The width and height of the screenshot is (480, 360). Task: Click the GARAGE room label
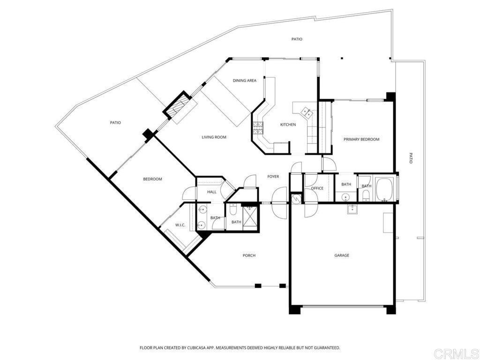tap(342, 255)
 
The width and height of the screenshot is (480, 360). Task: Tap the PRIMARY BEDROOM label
tap(361, 139)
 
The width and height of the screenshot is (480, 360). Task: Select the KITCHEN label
tap(288, 125)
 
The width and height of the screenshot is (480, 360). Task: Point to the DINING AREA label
tap(245, 81)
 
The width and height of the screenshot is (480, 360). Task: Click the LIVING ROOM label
tap(214, 137)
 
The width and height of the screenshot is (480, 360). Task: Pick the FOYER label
tap(273, 177)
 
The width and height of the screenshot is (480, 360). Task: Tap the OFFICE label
tap(317, 188)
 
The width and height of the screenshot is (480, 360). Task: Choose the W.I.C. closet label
tap(180, 225)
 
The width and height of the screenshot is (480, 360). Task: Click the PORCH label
tap(249, 255)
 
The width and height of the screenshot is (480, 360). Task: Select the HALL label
tap(205, 192)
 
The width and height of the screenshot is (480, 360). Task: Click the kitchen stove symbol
tap(258, 127)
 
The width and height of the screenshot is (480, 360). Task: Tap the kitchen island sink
tap(307, 112)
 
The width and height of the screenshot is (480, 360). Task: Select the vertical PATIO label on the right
tap(411, 158)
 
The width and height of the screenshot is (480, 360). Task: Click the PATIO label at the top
tap(297, 39)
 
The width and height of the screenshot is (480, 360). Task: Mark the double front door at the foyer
tap(280, 202)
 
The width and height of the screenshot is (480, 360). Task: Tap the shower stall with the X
tap(249, 217)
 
